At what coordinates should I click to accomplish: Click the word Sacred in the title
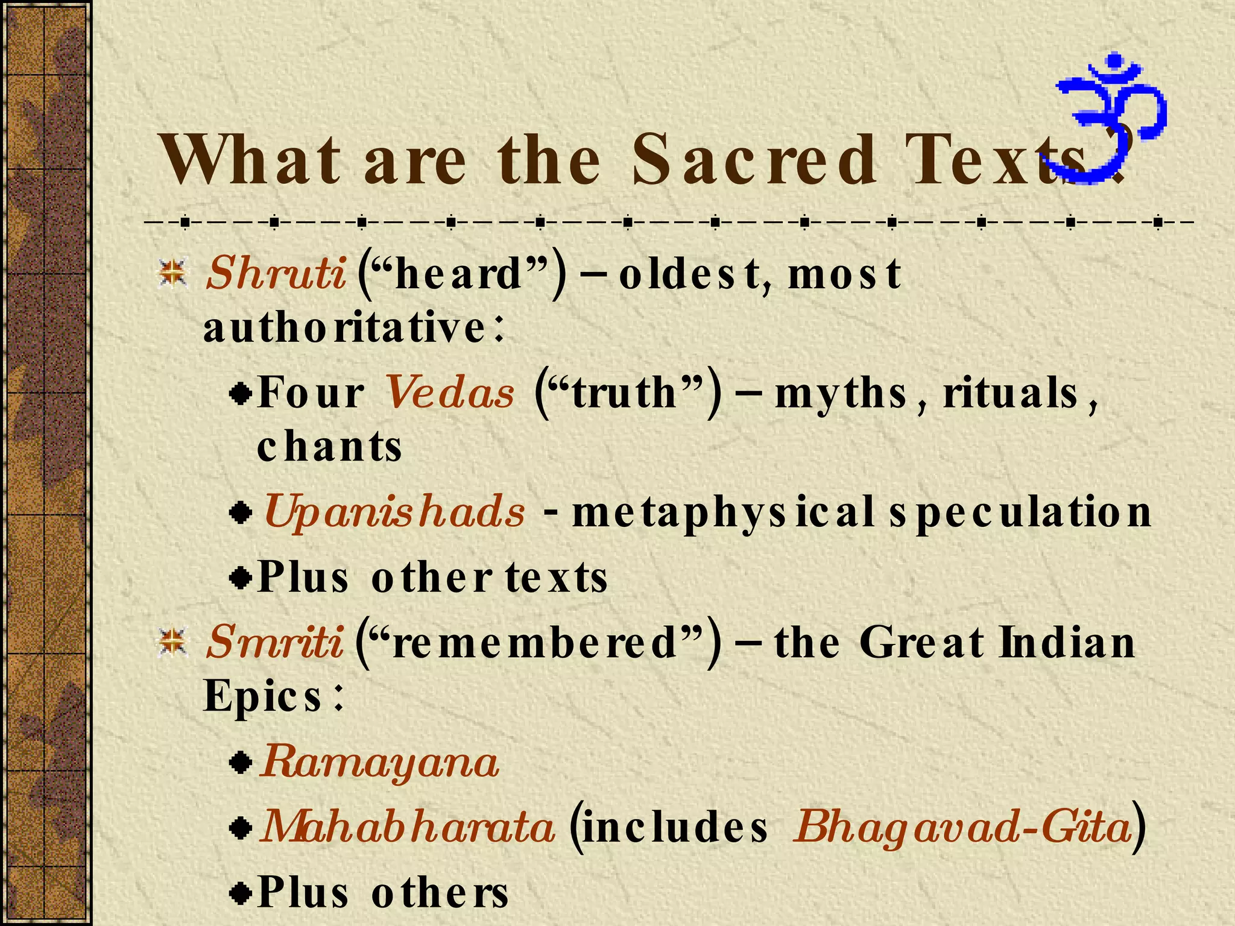(x=754, y=160)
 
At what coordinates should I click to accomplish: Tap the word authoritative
(x=344, y=329)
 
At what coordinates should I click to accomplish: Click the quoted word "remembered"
(x=537, y=642)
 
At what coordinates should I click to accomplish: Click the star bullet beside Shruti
(x=173, y=272)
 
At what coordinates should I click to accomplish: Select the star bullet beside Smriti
(x=173, y=641)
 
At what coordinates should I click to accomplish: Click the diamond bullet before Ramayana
(x=241, y=763)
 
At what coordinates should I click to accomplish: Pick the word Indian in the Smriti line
(x=1067, y=642)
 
